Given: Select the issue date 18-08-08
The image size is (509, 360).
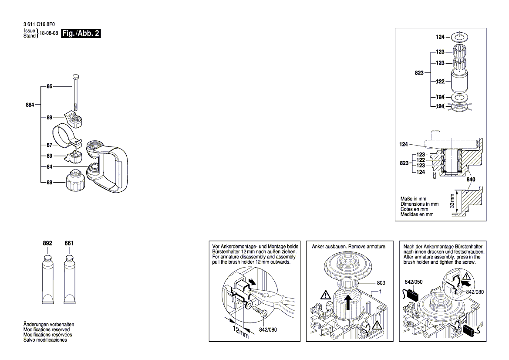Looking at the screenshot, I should point(49,34).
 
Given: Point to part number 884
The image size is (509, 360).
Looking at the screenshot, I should point(30,105).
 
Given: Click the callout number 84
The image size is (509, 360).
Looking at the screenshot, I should point(49,166).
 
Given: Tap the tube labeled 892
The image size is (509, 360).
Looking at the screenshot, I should point(47,279).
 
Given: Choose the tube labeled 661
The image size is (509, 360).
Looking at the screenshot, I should point(69,279).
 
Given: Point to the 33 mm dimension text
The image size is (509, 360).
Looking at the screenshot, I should point(452,201).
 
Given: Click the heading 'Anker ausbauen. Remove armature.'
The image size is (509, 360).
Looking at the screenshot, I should point(349,247).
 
